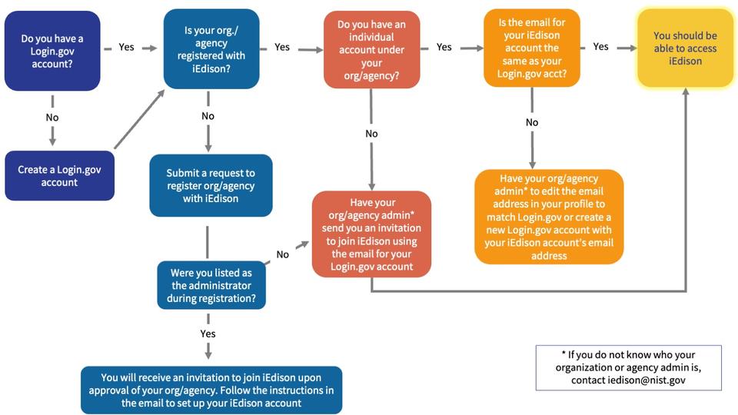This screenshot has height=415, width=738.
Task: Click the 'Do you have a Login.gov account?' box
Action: pyautogui.click(x=52, y=51)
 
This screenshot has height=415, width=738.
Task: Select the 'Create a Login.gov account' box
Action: pyautogui.click(x=59, y=175)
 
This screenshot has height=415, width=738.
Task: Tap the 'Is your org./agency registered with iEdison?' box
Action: pyautogui.click(x=211, y=50)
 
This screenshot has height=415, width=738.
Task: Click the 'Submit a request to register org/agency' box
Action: pyautogui.click(x=211, y=186)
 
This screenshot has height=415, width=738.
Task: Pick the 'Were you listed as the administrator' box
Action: pyautogui.click(x=211, y=284)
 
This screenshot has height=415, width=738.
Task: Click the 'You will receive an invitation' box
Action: pyautogui.click(x=211, y=390)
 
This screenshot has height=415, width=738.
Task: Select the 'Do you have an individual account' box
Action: pyautogui.click(x=371, y=48)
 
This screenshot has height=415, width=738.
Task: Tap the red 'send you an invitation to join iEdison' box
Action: pyautogui.click(x=371, y=234)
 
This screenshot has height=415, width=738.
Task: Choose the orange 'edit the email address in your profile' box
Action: pyautogui.click(x=548, y=216)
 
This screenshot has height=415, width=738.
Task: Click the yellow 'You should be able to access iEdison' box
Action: pyautogui.click(x=684, y=48)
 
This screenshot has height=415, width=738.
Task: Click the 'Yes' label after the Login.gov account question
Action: pyautogui.click(x=127, y=47)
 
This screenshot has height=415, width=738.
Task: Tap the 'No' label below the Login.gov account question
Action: pyautogui.click(x=52, y=118)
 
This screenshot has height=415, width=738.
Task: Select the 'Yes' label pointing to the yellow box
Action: pyautogui.click(x=600, y=47)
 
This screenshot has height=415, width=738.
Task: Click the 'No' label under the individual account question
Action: pyautogui.click(x=371, y=134)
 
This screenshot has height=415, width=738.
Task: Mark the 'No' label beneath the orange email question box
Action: pyautogui.click(x=532, y=122)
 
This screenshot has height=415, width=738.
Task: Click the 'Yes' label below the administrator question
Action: pyautogui.click(x=208, y=334)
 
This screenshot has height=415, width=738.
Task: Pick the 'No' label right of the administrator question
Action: pyautogui.click(x=283, y=254)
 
